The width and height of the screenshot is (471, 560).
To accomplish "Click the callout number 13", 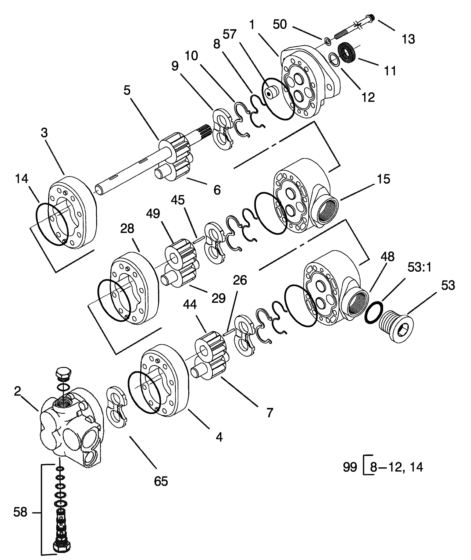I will click(x=408, y=39).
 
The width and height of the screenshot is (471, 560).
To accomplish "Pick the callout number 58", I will click(x=20, y=512).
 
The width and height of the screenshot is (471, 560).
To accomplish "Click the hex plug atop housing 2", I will click(x=64, y=374).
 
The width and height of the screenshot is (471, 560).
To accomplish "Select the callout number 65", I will click(x=161, y=481).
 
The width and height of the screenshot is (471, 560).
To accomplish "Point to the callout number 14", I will click(x=22, y=179).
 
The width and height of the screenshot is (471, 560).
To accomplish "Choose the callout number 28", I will click(x=127, y=229).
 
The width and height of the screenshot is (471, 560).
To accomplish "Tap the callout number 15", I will click(x=383, y=179).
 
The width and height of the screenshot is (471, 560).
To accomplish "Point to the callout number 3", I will click(x=44, y=133).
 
